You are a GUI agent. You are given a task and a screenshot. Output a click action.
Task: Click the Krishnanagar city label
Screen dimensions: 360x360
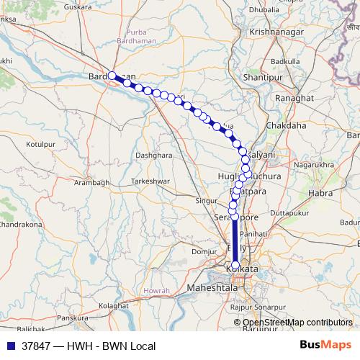[274, 33]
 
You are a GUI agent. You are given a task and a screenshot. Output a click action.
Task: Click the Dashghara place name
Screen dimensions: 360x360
[154, 155]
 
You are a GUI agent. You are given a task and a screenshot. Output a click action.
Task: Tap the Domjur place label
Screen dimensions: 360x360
[204, 251]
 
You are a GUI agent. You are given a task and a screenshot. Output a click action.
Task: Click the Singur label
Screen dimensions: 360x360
[207, 201]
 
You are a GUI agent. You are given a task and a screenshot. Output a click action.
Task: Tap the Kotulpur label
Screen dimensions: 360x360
[41, 145]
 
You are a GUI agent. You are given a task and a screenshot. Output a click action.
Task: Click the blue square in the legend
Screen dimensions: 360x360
[10, 346]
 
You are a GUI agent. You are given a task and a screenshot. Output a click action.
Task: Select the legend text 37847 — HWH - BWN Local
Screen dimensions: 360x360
[88, 346]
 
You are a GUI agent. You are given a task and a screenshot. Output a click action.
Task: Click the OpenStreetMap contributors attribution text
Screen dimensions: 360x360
[297, 323]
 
